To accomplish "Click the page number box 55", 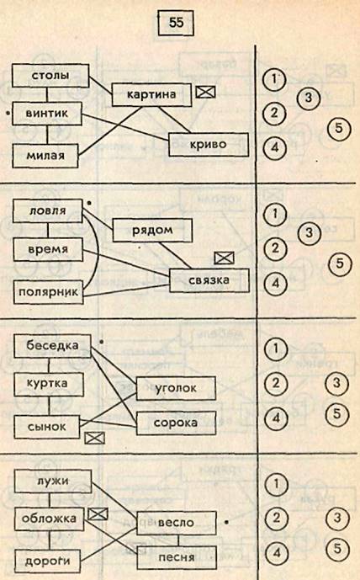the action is tap(176, 23).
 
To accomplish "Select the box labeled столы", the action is tap(50, 76).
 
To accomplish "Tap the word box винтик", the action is tap(47, 113).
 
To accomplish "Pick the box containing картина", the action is tap(151, 94).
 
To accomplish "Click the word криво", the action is tap(208, 144).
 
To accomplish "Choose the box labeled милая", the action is tap(45, 156).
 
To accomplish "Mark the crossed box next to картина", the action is tap(205, 92).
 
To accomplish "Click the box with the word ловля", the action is tap(48, 210).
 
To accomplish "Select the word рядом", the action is tap(152, 230).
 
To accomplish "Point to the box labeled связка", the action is tap(209, 280).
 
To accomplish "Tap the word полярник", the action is tap(49, 292).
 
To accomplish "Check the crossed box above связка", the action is tap(225, 258).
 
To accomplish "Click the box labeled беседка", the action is tap(52, 346).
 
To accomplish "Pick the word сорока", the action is tap(176, 423).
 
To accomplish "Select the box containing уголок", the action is tap(176, 388).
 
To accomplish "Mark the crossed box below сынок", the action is tap(94, 438).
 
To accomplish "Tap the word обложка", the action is tap(49, 519).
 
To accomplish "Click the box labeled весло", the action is tap(177, 523).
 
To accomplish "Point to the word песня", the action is tap(177, 557).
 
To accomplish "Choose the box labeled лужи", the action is tap(53, 482).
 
